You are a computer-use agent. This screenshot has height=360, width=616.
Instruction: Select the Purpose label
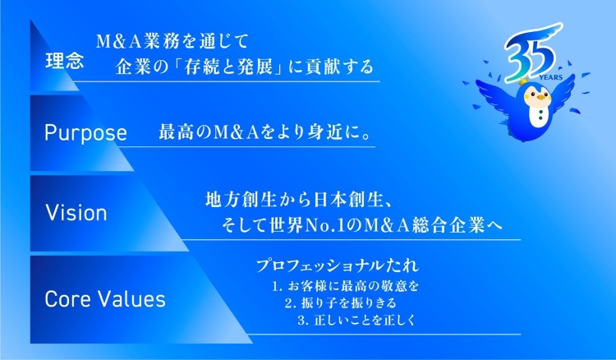coord(85,133)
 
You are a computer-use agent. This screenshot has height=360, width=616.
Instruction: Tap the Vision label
coord(76,213)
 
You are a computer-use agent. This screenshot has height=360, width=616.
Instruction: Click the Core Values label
coord(105,298)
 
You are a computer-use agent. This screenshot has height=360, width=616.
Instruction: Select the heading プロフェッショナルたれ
coord(337,266)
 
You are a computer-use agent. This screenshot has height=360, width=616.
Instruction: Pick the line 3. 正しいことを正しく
coord(356,320)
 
